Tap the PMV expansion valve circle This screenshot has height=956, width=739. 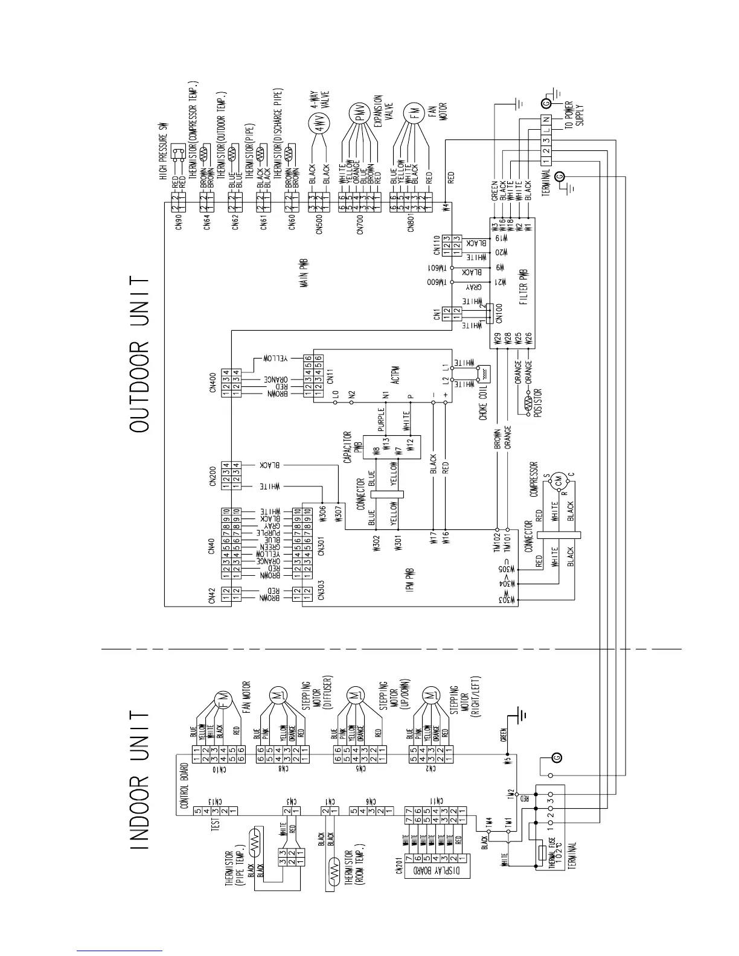click(x=361, y=116)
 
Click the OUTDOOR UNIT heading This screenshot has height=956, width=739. click(x=139, y=354)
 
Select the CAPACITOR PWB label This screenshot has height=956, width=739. click(x=352, y=447)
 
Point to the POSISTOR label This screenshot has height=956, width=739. click(x=538, y=403)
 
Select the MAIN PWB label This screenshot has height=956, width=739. click(x=304, y=274)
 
